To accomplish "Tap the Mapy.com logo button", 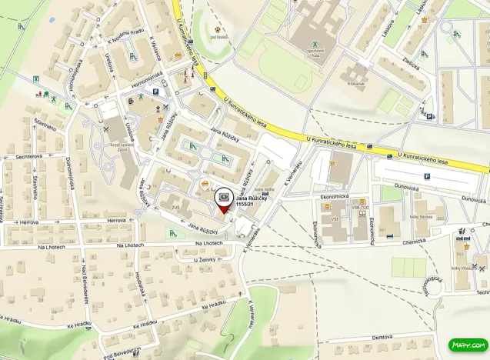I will point(468,345).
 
